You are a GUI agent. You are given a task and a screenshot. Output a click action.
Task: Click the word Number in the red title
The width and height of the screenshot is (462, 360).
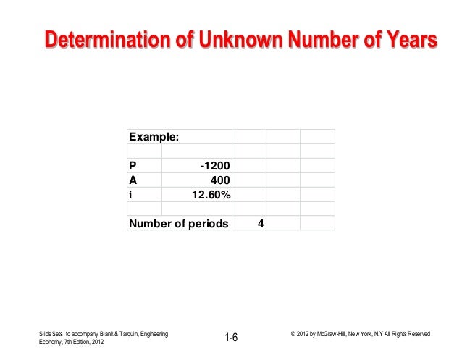[322, 41]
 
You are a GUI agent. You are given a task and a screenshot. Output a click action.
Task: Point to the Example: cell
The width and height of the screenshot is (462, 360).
[155, 137]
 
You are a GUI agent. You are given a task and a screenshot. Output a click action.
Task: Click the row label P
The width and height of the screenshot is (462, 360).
[133, 166]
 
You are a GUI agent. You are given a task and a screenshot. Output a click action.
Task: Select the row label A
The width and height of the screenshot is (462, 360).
[133, 180]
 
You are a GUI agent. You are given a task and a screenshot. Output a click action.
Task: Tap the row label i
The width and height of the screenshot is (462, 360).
[131, 194]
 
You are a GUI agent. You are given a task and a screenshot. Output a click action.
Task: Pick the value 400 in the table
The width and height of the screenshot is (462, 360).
[220, 180]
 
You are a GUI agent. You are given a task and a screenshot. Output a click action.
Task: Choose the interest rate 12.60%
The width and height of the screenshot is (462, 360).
[211, 194]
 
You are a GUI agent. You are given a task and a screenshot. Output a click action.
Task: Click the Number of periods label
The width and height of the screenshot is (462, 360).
[178, 223]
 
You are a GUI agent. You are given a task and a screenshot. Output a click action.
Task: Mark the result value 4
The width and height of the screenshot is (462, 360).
[261, 223]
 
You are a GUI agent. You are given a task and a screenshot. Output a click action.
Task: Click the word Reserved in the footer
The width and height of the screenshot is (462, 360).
[416, 334]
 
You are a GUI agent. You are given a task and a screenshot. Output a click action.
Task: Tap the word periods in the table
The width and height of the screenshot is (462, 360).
[207, 223]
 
